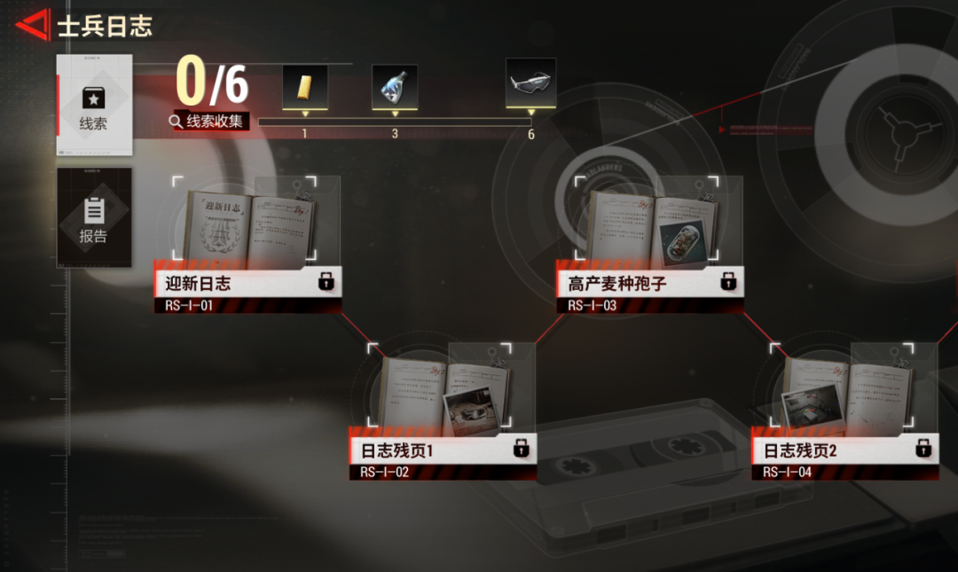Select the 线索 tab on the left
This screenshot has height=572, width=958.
(94, 105)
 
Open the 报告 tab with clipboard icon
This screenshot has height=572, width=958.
(94, 217)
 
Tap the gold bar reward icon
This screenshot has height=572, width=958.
(304, 87)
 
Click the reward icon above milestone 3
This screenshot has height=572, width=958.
(395, 87)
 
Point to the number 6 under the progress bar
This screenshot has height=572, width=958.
(531, 135)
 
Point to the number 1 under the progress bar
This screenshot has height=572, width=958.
(304, 135)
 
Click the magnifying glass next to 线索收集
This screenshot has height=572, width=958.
(177, 121)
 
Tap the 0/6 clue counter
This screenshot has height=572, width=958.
(212, 82)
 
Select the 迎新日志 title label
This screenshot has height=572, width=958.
(199, 284)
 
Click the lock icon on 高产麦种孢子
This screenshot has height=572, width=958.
(728, 283)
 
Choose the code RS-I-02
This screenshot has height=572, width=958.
(384, 473)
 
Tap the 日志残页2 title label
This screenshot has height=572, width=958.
(801, 451)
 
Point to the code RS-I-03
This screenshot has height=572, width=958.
(592, 306)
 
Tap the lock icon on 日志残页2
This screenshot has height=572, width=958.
(923, 449)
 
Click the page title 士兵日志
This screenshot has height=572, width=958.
(105, 27)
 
